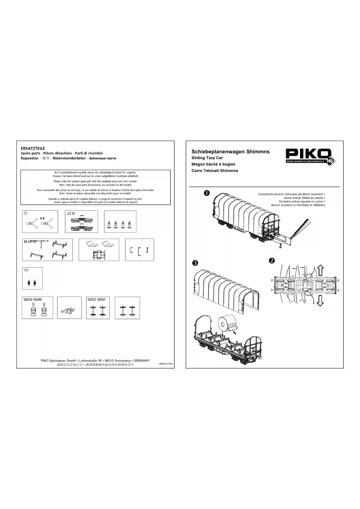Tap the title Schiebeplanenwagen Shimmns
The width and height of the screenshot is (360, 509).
point(230,151)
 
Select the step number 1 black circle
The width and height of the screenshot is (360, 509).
point(207,193)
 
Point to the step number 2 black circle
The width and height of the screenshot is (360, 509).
point(272,261)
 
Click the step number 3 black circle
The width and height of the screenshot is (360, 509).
point(195,263)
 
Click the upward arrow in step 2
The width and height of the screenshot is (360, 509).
point(320,270)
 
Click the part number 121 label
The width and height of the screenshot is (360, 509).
point(26,270)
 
